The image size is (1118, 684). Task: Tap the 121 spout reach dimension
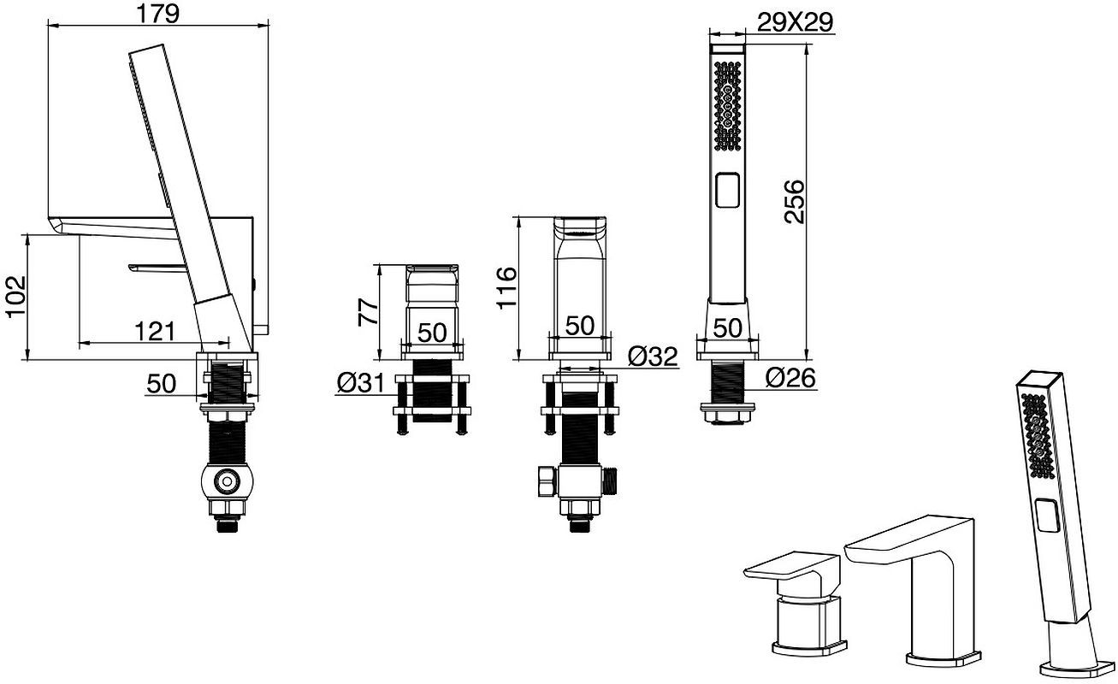coord(155,331)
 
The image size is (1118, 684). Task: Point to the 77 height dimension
coord(368,312)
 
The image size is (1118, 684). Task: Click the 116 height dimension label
coord(506,288)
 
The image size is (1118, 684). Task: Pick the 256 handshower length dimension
coord(794,202)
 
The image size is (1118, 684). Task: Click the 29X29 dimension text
coord(796,22)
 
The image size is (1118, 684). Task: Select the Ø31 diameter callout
coord(361,383)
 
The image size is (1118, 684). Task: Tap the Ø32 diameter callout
coord(653,357)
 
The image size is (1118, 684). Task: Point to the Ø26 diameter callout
coord(790,378)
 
